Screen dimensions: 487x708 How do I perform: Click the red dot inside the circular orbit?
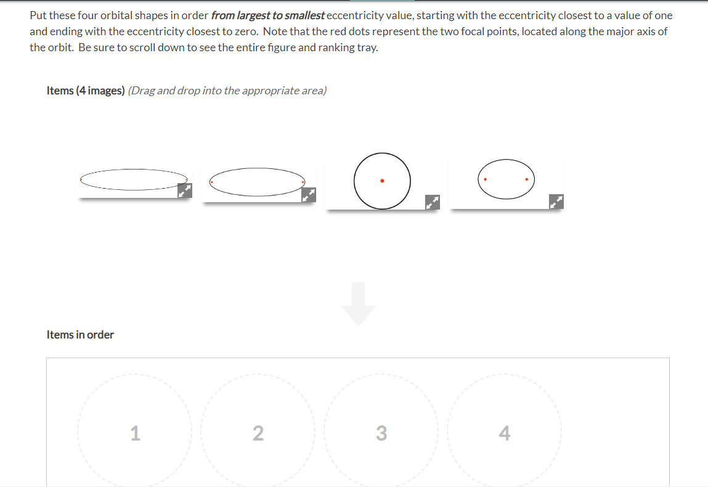382,181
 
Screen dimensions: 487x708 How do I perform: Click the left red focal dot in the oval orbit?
486,179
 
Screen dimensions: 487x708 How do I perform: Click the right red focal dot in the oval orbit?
527,179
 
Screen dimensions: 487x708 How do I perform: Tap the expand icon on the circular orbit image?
433,202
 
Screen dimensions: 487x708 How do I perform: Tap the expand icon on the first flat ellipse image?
185,191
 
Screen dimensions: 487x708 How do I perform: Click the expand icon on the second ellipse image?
309,195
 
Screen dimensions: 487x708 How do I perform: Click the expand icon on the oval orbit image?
556,201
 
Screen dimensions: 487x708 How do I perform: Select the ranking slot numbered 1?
135,433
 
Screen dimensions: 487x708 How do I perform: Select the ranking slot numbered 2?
258,433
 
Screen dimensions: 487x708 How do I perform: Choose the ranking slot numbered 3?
381,433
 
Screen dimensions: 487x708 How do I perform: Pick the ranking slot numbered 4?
504,433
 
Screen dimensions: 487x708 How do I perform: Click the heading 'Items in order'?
80,335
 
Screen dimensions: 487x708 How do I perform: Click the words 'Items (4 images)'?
86,91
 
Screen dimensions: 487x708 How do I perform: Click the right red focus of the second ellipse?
303,182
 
